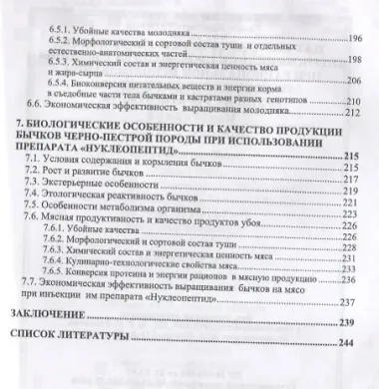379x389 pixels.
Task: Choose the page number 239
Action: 345,322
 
